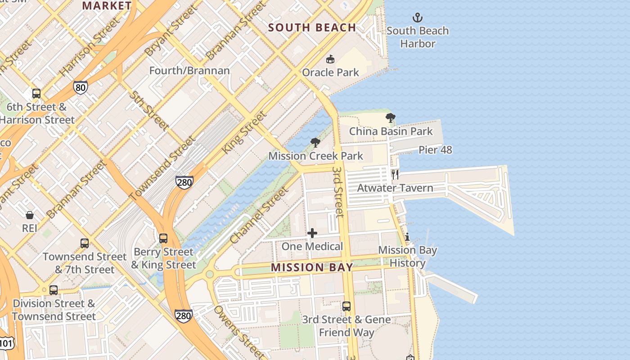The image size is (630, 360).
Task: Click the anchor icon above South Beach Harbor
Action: click(x=418, y=18)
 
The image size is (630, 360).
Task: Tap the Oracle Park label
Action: click(x=330, y=72)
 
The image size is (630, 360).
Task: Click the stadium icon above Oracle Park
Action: click(x=330, y=59)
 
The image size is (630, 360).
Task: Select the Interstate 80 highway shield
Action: click(x=80, y=87)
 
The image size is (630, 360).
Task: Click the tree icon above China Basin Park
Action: click(x=391, y=118)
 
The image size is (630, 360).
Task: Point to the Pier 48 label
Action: click(x=435, y=150)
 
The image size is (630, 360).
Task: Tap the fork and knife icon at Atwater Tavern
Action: click(x=395, y=175)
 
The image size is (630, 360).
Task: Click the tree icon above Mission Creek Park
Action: click(x=315, y=143)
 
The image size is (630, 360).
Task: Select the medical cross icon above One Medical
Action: click(x=312, y=233)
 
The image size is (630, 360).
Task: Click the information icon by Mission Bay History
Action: click(x=407, y=237)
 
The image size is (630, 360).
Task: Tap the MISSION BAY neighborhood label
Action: click(x=312, y=268)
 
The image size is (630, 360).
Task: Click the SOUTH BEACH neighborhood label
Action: click(x=312, y=28)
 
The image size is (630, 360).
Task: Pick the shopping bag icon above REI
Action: click(x=30, y=215)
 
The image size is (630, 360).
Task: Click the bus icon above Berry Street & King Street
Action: click(x=163, y=238)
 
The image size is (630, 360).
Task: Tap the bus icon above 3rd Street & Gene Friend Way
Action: click(x=346, y=306)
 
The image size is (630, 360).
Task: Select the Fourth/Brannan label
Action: click(x=189, y=71)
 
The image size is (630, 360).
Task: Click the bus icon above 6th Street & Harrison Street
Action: click(x=36, y=94)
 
